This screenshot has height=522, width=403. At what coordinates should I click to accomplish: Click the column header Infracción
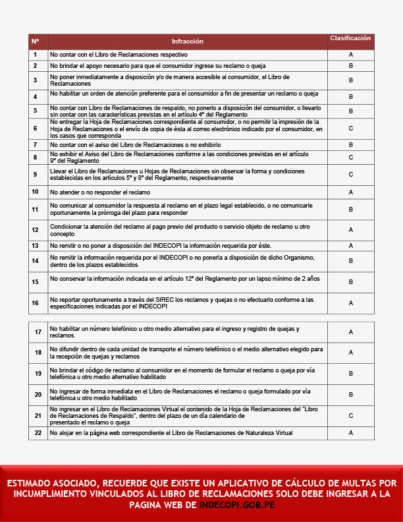coord(188,42)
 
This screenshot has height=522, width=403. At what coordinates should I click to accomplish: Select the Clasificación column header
coord(350,38)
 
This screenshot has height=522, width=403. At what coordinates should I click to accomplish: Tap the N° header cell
coord(36,42)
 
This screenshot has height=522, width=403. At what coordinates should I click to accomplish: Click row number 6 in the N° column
coord(36,128)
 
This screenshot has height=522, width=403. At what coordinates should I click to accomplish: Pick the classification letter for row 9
coord(351,175)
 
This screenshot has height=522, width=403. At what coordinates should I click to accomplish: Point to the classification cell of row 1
coord(351,55)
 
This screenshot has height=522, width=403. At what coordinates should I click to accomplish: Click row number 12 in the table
coord(36,230)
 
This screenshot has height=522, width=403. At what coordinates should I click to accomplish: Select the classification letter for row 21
coord(351,415)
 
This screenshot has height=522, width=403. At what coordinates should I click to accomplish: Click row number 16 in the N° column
coord(36,303)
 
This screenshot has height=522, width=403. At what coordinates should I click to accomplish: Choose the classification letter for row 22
coord(351,433)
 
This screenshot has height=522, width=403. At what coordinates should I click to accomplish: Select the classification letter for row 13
coord(351,246)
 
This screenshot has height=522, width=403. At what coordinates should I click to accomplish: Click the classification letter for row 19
coord(351,374)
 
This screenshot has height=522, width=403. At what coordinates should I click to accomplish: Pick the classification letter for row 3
coord(351,80)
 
